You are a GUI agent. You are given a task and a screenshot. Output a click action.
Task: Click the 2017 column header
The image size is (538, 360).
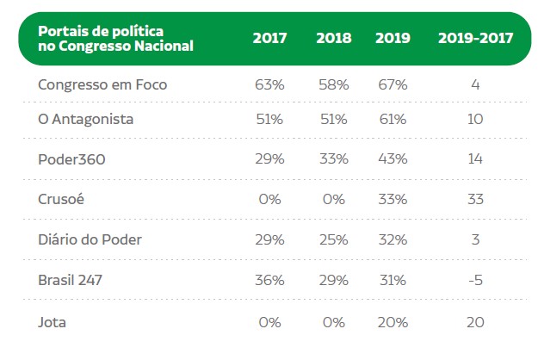269,39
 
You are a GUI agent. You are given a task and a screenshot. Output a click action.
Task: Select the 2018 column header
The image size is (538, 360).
333,39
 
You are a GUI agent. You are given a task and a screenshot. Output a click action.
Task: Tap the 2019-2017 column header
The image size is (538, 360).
475,39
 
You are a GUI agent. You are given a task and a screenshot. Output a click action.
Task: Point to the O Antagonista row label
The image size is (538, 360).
86,119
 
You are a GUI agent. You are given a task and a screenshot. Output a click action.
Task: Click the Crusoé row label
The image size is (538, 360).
60,199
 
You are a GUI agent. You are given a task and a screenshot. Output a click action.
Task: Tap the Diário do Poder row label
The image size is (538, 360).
90,239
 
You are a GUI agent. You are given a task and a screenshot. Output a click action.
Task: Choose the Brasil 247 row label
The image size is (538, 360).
74,280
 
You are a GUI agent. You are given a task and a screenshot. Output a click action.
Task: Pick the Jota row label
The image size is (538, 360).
52,323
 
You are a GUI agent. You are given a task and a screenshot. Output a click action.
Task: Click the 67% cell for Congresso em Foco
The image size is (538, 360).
392,84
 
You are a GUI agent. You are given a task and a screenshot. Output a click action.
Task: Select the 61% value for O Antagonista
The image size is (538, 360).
392,119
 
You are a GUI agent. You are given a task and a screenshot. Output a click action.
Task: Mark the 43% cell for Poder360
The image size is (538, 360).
392,159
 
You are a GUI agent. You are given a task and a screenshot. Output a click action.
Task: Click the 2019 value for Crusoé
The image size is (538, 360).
392,199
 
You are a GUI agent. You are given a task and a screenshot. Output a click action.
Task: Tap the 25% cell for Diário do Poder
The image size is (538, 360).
332,239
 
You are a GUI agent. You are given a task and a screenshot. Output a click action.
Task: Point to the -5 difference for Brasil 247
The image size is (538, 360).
475,280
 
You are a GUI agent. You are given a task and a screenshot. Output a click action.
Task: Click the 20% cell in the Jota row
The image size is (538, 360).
392,323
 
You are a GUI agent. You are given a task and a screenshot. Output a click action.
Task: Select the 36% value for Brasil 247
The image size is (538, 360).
269,280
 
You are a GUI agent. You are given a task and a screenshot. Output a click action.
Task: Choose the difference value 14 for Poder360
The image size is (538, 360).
475,159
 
